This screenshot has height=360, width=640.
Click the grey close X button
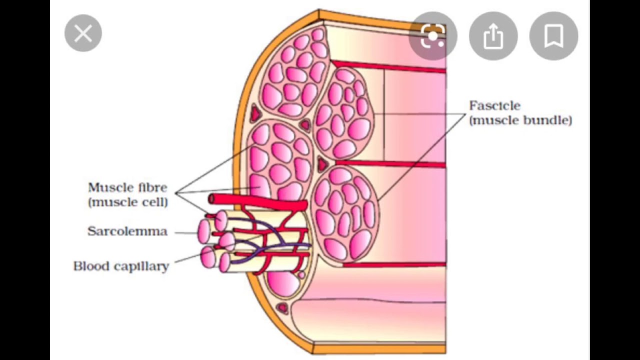click(83, 34)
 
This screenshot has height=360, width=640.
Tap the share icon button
click(493, 36)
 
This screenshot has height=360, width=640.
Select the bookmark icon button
click(553, 36)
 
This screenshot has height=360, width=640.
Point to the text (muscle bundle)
click(520, 120)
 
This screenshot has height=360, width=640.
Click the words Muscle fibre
click(127, 187)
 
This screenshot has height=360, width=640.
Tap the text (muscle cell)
click(128, 202)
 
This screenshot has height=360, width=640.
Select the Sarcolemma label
click(127, 231)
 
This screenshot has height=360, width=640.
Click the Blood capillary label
click(121, 266)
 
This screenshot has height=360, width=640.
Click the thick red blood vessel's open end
click(211, 199)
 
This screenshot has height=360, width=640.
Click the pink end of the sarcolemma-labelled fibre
click(203, 231)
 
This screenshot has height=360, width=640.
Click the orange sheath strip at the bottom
click(380, 348)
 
